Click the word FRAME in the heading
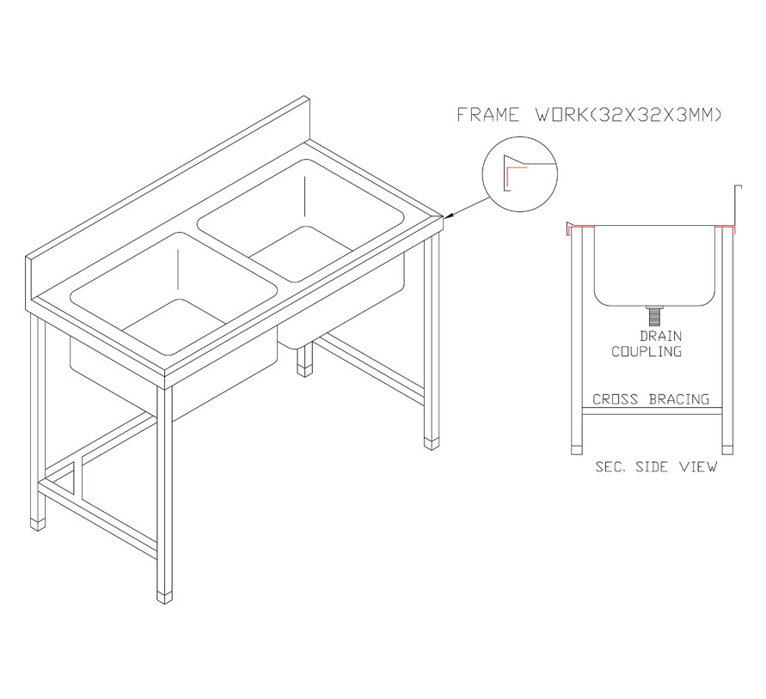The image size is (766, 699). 488,115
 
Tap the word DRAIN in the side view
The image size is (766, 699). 660,336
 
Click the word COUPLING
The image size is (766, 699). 647,351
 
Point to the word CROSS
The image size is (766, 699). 615,399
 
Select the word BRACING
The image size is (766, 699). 679,399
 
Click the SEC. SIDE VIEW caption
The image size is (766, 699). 656,466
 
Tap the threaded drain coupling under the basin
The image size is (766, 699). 654,315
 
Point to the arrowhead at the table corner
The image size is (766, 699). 448,216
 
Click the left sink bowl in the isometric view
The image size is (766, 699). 174,293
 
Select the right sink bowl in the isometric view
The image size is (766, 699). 301,220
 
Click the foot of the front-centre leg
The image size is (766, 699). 164,598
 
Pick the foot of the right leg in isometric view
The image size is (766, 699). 432,444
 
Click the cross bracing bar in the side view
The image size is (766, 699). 653,411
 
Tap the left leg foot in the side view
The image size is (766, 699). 577,450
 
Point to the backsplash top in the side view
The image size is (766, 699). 738,186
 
